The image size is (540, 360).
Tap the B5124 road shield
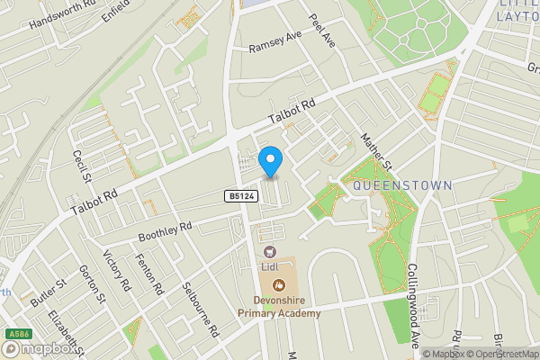click(239, 195)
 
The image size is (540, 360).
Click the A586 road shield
click(13, 333)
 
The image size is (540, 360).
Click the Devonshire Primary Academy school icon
click(279, 285)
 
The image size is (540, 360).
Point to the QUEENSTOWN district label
click(402, 184)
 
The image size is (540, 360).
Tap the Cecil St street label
click(82, 166)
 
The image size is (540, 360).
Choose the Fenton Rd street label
click(149, 274)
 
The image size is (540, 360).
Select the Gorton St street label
click(92, 284)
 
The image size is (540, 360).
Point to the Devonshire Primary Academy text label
click(279, 306)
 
